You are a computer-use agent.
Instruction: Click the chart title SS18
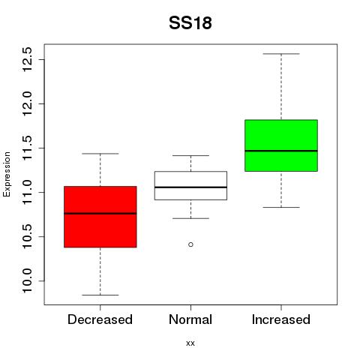pyautogui.click(x=190, y=23)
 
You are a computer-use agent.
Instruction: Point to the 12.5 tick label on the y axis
pyautogui.click(x=27, y=59)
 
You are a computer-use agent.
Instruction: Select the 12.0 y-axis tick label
pyautogui.click(x=27, y=103)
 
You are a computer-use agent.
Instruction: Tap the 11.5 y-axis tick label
pyautogui.click(x=27, y=148)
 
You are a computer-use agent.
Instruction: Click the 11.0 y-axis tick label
pyautogui.click(x=27, y=192)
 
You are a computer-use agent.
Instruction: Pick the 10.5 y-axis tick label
pyautogui.click(x=27, y=236)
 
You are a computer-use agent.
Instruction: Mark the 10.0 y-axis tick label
pyautogui.click(x=27, y=280)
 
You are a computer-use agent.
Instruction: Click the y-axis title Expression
pyautogui.click(x=7, y=175)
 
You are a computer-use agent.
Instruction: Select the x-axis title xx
pyautogui.click(x=190, y=343)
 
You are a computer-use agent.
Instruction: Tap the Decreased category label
pyautogui.click(x=100, y=319)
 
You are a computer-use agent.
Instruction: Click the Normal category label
pyautogui.click(x=190, y=319)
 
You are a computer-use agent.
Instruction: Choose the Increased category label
pyautogui.click(x=281, y=319)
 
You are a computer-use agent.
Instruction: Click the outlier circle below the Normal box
pyautogui.click(x=190, y=244)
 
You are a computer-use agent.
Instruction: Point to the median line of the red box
pyautogui.click(x=100, y=214)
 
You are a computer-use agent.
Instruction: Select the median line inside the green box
pyautogui.click(x=281, y=151)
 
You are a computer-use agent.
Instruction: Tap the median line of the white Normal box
pyautogui.click(x=190, y=187)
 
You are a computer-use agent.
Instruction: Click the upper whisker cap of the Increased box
pyautogui.click(x=281, y=54)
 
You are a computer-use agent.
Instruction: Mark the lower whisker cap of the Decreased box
pyautogui.click(x=100, y=295)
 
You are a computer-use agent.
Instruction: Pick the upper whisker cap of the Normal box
pyautogui.click(x=190, y=155)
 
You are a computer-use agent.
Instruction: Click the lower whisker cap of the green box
pyautogui.click(x=281, y=207)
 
